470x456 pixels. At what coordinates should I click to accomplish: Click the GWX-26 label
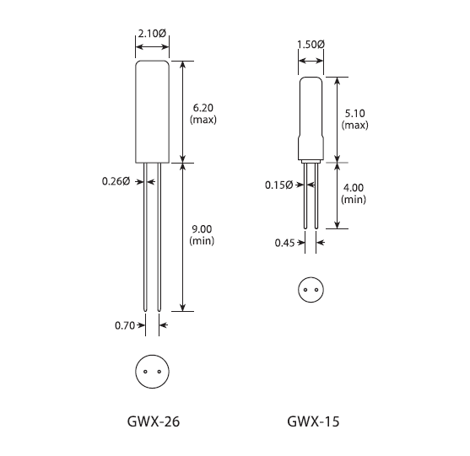point(152,421)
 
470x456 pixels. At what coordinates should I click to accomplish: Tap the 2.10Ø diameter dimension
point(152,34)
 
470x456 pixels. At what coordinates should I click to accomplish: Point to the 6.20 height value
point(204,108)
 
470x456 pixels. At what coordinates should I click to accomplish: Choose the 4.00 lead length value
point(354,188)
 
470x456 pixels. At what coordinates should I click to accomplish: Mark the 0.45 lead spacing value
point(284,244)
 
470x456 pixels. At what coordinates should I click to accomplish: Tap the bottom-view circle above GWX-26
point(152,371)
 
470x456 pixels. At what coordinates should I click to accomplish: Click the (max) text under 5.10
point(354,126)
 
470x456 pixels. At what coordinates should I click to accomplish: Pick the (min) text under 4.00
point(354,200)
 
